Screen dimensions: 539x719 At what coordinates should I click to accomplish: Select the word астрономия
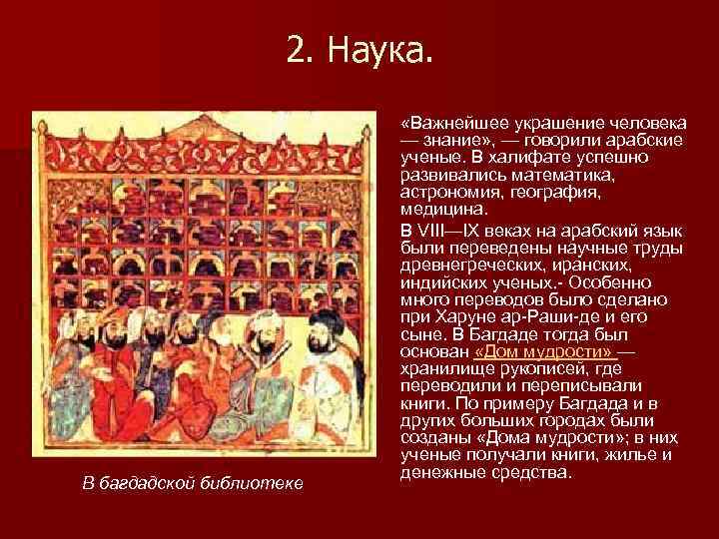click(x=449, y=192)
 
